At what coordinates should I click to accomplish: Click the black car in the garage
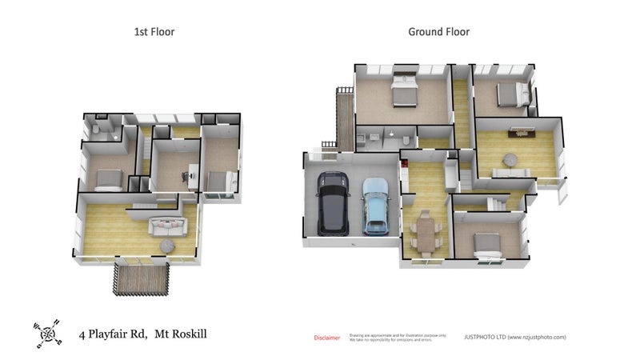(x=332, y=205)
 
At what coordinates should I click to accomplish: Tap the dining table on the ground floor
(x=425, y=234)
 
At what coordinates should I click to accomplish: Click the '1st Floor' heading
(x=154, y=32)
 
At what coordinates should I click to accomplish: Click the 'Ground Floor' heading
(x=438, y=32)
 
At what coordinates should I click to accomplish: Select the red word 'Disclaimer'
(x=326, y=338)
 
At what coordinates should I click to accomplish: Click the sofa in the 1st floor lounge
(x=167, y=225)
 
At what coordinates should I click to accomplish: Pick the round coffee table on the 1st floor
(x=166, y=245)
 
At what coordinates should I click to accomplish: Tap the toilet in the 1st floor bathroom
(x=95, y=129)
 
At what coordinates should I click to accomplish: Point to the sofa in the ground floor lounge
(x=509, y=172)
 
